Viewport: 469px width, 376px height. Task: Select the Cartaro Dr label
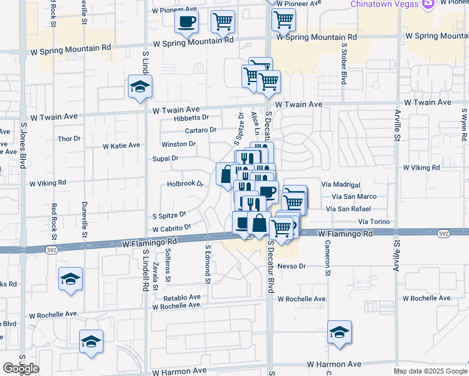tap(200, 130)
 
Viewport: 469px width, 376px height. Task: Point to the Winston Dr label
tap(179, 144)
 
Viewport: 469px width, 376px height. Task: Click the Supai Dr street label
tap(166, 159)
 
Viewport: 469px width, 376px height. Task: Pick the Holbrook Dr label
tap(186, 184)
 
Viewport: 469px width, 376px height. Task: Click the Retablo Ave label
tap(182, 297)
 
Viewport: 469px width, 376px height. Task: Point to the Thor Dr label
tap(69, 138)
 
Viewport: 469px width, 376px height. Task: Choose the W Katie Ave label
tap(122, 145)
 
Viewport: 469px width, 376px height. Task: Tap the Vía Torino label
tap(374, 222)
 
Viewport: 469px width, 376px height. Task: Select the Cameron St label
tap(327, 259)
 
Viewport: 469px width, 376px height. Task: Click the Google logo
tap(21, 368)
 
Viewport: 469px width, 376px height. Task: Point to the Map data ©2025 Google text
tap(429, 371)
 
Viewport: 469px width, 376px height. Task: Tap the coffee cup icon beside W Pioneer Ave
tap(186, 23)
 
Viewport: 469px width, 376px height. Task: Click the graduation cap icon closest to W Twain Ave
tap(139, 86)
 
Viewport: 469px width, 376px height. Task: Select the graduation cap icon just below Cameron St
tap(339, 332)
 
